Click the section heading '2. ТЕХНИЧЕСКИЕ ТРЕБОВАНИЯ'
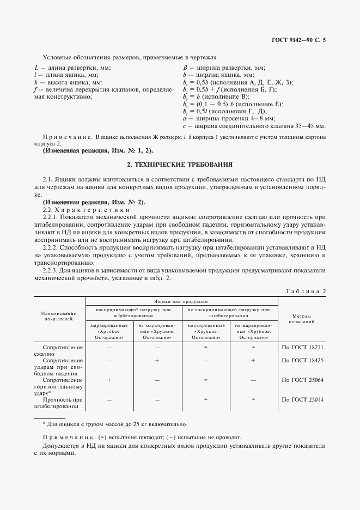tap(180, 163)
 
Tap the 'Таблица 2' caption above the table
tap(306, 292)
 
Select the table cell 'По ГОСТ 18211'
tap(302, 347)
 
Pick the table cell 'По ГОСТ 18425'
tap(302, 360)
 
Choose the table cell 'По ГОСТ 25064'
tap(302, 380)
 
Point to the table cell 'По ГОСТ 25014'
tap(302, 399)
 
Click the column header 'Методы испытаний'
tap(302, 319)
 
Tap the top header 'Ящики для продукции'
tap(182, 300)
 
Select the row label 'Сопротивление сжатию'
tap(64, 350)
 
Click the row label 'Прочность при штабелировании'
tap(64, 403)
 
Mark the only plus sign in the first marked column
tap(109, 380)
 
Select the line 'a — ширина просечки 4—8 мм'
tap(229, 117)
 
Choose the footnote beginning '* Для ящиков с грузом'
tap(114, 424)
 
